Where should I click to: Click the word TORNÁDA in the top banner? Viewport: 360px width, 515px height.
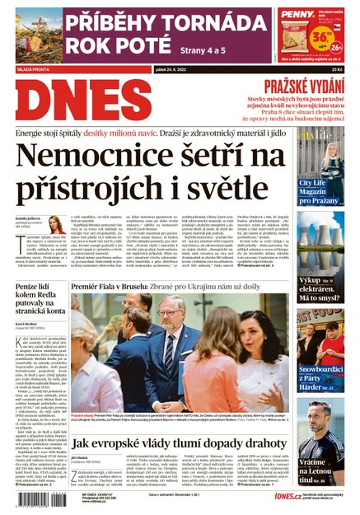pos(201,20)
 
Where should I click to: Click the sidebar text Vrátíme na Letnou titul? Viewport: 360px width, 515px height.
pos(318,469)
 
